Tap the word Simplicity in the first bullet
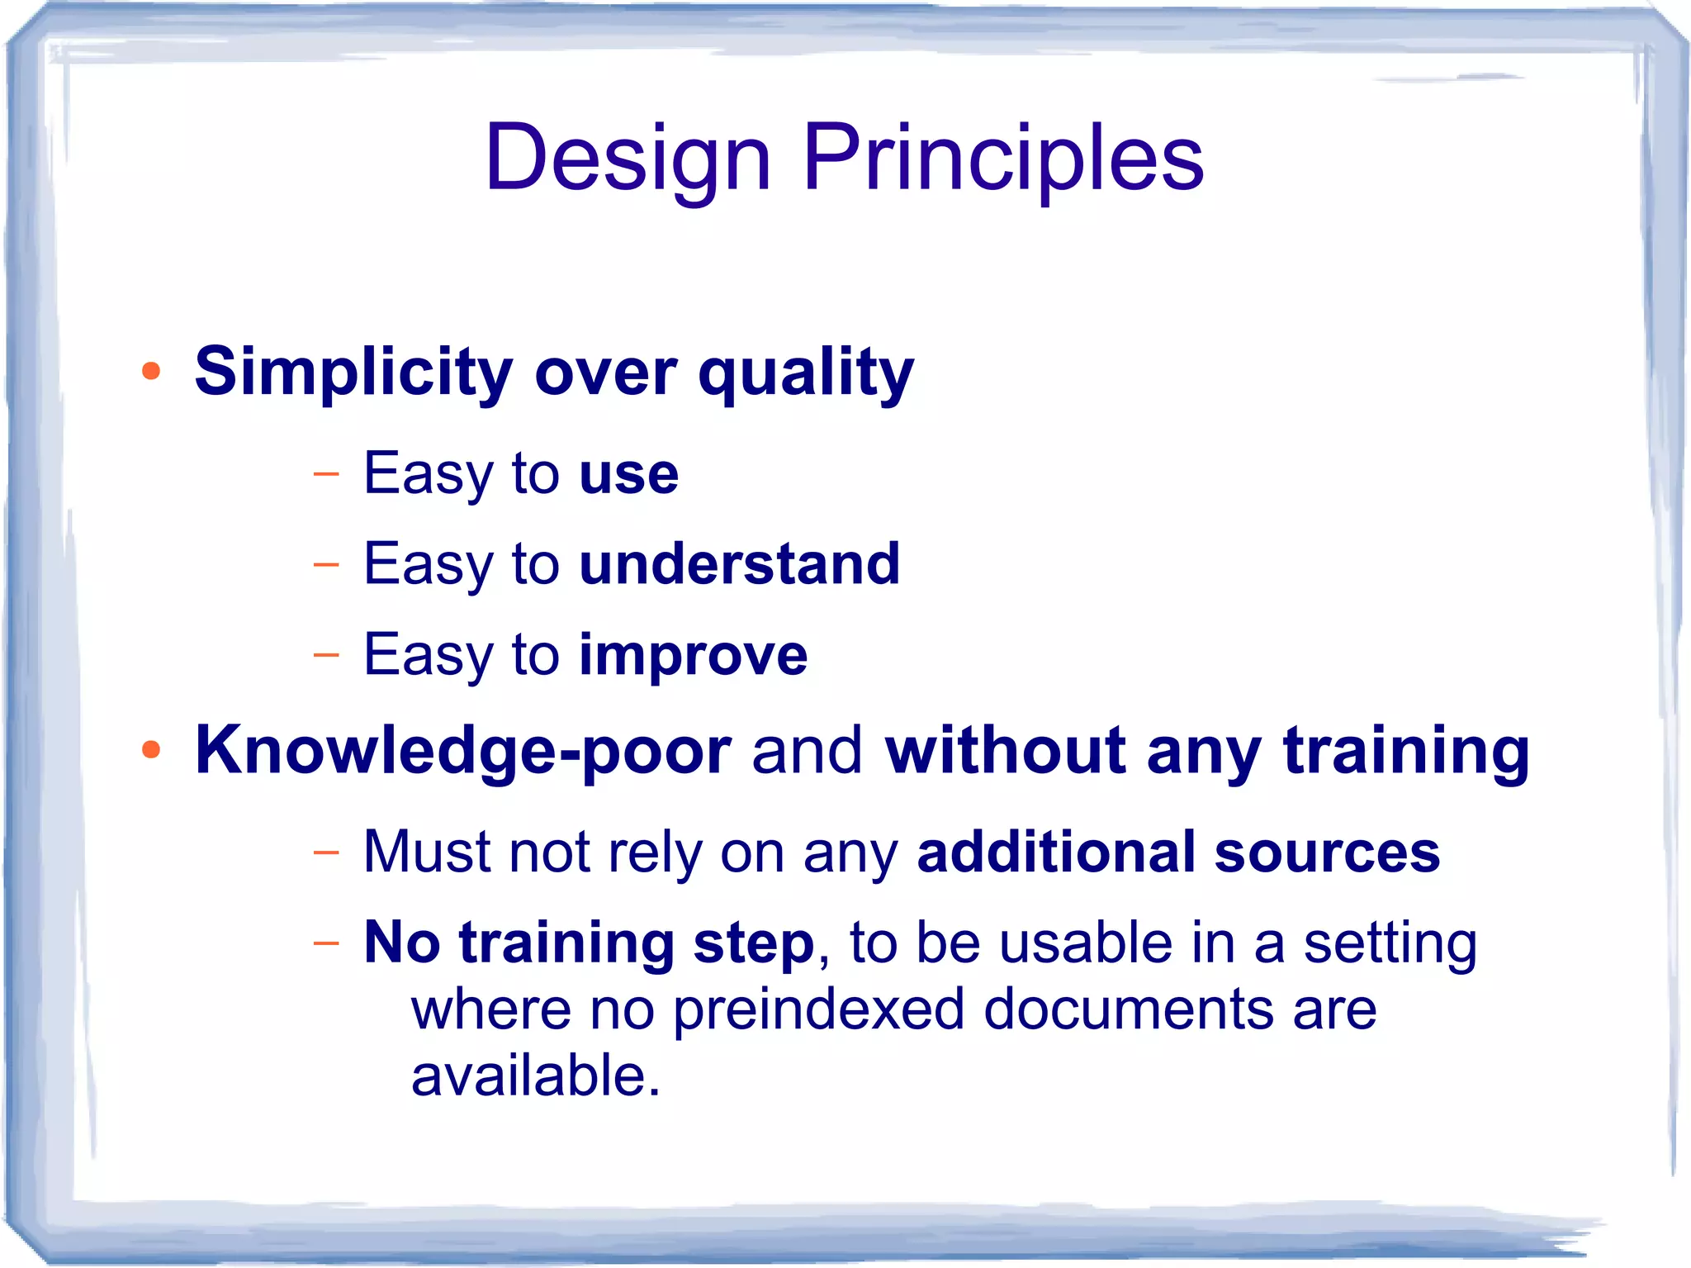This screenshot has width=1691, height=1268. click(353, 373)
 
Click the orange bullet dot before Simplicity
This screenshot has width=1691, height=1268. click(150, 371)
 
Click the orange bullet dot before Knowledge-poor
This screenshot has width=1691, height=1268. click(150, 749)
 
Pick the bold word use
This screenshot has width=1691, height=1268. click(629, 475)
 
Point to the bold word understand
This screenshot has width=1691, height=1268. click(739, 564)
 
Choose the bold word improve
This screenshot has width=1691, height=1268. click(693, 656)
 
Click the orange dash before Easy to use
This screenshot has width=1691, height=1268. click(326, 474)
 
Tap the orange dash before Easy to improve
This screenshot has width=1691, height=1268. click(326, 655)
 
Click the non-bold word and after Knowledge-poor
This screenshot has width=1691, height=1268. click(807, 750)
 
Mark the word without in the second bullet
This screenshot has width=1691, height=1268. click(1005, 750)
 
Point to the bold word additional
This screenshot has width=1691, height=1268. click(1055, 852)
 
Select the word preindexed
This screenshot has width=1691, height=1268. click(818, 1010)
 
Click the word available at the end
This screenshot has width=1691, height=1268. click(528, 1076)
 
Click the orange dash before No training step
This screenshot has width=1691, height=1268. click(326, 943)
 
